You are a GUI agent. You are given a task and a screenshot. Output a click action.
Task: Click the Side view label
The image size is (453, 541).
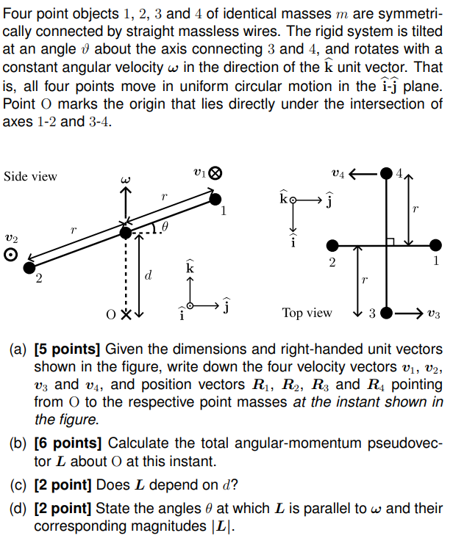point(30,176)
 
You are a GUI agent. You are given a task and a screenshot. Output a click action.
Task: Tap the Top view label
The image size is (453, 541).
point(307,313)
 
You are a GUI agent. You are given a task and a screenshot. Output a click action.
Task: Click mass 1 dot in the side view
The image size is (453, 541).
point(215,198)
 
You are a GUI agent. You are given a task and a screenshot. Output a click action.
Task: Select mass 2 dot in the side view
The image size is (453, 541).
point(30,268)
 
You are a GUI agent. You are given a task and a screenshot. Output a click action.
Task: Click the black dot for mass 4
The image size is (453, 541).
point(387,175)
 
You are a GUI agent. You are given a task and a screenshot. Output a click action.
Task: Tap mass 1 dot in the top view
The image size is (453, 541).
point(436,244)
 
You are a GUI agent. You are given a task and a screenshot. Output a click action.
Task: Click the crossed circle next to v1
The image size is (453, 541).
point(215,175)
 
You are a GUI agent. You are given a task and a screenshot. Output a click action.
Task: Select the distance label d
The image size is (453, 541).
point(149,277)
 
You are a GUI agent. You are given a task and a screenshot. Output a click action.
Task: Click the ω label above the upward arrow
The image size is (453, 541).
point(126,178)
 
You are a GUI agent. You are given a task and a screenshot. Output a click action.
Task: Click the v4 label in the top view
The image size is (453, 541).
point(338,174)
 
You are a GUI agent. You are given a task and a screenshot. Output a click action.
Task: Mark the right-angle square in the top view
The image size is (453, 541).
point(392,240)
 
